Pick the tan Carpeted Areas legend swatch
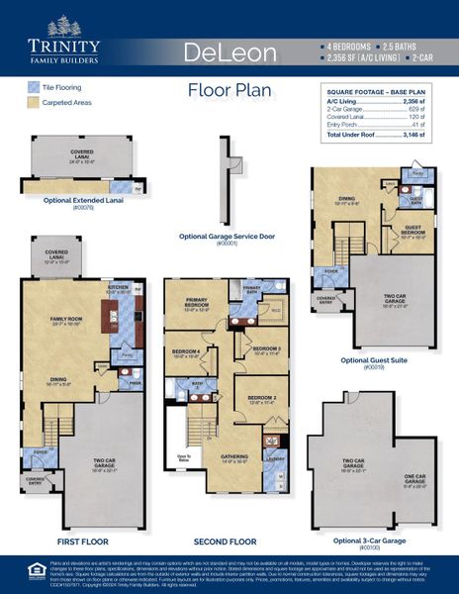pos(33,102)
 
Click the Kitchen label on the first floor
pos(119,289)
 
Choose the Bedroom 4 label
pos(186,350)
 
